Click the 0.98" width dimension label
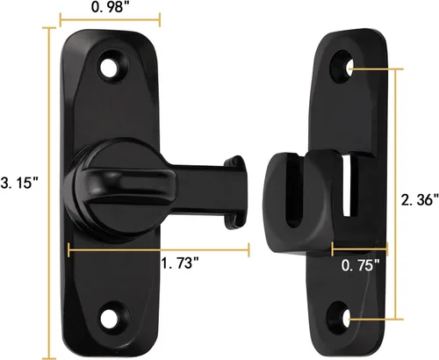(108, 7)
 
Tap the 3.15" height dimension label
(19, 183)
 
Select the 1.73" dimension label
(181, 263)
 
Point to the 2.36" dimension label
(420, 199)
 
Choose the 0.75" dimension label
(360, 265)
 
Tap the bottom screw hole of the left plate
(111, 318)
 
